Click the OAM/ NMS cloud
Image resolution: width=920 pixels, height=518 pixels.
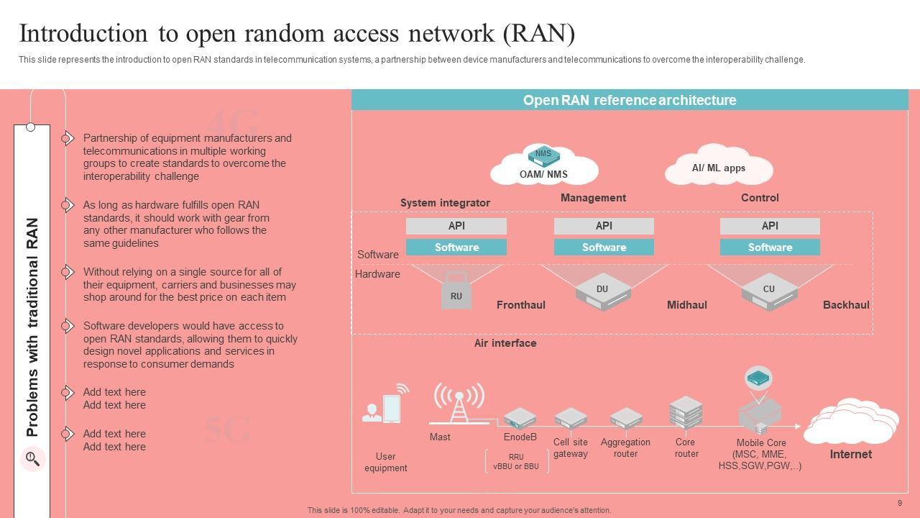pos(544,166)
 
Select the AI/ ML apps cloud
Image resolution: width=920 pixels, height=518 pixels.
pos(719,168)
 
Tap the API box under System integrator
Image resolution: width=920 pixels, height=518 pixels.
pos(456,226)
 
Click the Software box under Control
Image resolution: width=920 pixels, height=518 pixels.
pos(770,247)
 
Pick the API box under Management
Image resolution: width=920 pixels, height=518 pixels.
pos(604,226)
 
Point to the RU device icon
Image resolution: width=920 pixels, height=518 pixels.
pos(456,291)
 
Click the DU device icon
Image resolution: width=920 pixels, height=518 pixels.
pos(603,291)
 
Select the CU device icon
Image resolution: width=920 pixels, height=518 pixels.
pos(769,291)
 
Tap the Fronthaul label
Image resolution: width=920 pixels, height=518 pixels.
pos(521,305)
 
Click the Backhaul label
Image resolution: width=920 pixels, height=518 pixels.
pos(846,305)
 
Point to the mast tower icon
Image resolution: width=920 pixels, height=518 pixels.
pos(459,403)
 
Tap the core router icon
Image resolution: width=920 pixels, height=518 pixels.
pos(686,412)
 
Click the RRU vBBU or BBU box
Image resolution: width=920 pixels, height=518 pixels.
pos(516,461)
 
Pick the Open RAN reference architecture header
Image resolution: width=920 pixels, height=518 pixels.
pos(630,100)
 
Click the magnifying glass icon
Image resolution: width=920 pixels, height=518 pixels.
pos(32,458)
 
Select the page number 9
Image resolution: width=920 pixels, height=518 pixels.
pos(900,503)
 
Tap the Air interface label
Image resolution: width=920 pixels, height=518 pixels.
pos(505,343)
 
